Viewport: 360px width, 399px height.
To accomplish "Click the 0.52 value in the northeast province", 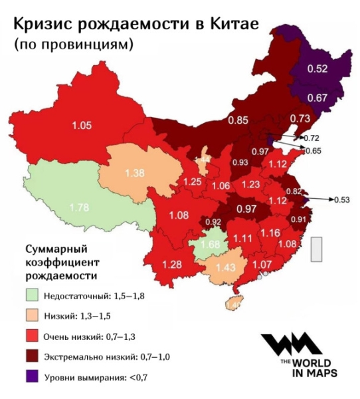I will pyautogui.click(x=319, y=69).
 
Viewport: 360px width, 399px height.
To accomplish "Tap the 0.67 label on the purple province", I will pyautogui.click(x=319, y=98).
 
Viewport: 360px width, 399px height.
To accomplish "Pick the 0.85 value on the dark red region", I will pyautogui.click(x=238, y=120).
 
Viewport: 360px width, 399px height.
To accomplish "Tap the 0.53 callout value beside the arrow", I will pyautogui.click(x=342, y=198).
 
